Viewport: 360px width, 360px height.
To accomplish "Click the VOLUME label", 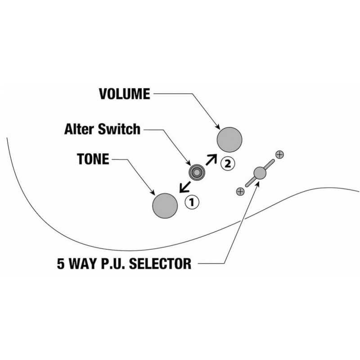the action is click(125, 94).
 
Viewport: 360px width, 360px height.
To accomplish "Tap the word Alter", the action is click(79, 129).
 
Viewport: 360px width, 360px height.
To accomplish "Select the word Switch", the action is click(119, 129).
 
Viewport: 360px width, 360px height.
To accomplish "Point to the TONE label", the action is click(93, 159).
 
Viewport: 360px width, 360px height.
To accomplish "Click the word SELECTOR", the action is click(160, 263).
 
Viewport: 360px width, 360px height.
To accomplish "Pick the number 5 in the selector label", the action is click(61, 263).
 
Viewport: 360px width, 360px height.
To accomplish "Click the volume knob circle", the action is click(229, 139).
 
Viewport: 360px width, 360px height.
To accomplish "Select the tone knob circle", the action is click(165, 206).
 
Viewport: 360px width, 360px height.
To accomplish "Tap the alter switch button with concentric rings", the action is click(197, 172).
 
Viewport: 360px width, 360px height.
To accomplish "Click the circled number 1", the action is click(192, 202).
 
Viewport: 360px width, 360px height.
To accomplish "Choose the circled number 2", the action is click(228, 163).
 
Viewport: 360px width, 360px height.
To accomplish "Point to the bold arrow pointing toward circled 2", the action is click(211, 159).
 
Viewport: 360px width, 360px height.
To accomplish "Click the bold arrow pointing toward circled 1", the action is click(185, 187).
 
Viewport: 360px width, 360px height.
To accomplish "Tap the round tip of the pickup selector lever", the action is click(260, 173).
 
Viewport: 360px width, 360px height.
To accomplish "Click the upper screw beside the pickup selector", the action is click(279, 154).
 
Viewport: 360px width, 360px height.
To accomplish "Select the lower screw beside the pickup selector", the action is click(240, 192).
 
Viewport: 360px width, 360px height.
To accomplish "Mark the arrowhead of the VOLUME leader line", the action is click(218, 127).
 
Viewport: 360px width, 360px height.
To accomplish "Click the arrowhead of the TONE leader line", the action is click(153, 193).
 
